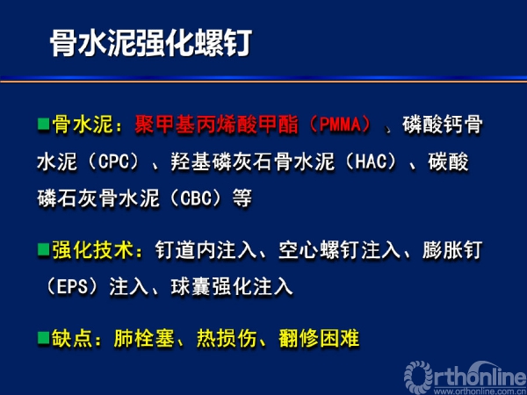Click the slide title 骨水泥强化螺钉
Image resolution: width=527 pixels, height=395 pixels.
tap(151, 44)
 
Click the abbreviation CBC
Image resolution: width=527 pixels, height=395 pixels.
tap(195, 198)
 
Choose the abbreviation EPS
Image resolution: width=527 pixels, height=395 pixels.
tap(72, 287)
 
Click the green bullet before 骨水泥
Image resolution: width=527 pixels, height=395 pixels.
tap(43, 124)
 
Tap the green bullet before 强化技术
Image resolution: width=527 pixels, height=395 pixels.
tap(43, 249)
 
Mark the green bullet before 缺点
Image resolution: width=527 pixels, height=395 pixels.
tap(43, 338)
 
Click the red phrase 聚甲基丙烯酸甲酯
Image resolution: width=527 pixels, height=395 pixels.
tap(216, 125)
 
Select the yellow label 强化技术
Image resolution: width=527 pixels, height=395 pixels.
tap(93, 250)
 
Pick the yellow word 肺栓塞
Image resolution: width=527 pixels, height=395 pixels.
tap(144, 338)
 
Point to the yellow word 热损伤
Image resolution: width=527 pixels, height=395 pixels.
tap(227, 338)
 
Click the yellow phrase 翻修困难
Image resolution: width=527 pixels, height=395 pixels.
tap(319, 338)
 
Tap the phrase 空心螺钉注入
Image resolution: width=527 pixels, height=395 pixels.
tap(340, 250)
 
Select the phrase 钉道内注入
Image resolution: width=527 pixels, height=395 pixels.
tap(206, 250)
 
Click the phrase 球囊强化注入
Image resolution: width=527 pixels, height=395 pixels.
tap(232, 287)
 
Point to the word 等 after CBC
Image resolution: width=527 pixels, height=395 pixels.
tap(242, 198)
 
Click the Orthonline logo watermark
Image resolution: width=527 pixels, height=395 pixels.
tap(466, 376)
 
